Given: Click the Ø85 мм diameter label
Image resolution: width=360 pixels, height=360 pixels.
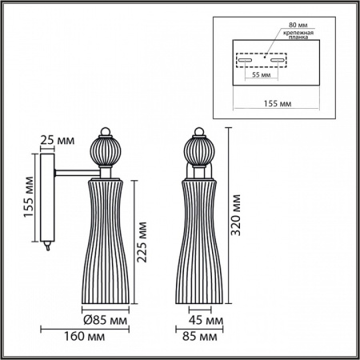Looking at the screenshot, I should [x=110, y=321].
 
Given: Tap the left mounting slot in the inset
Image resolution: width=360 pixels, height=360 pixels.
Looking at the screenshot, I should [x=247, y=60].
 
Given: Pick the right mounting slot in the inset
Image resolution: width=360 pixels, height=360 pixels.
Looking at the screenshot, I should [x=277, y=60].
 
